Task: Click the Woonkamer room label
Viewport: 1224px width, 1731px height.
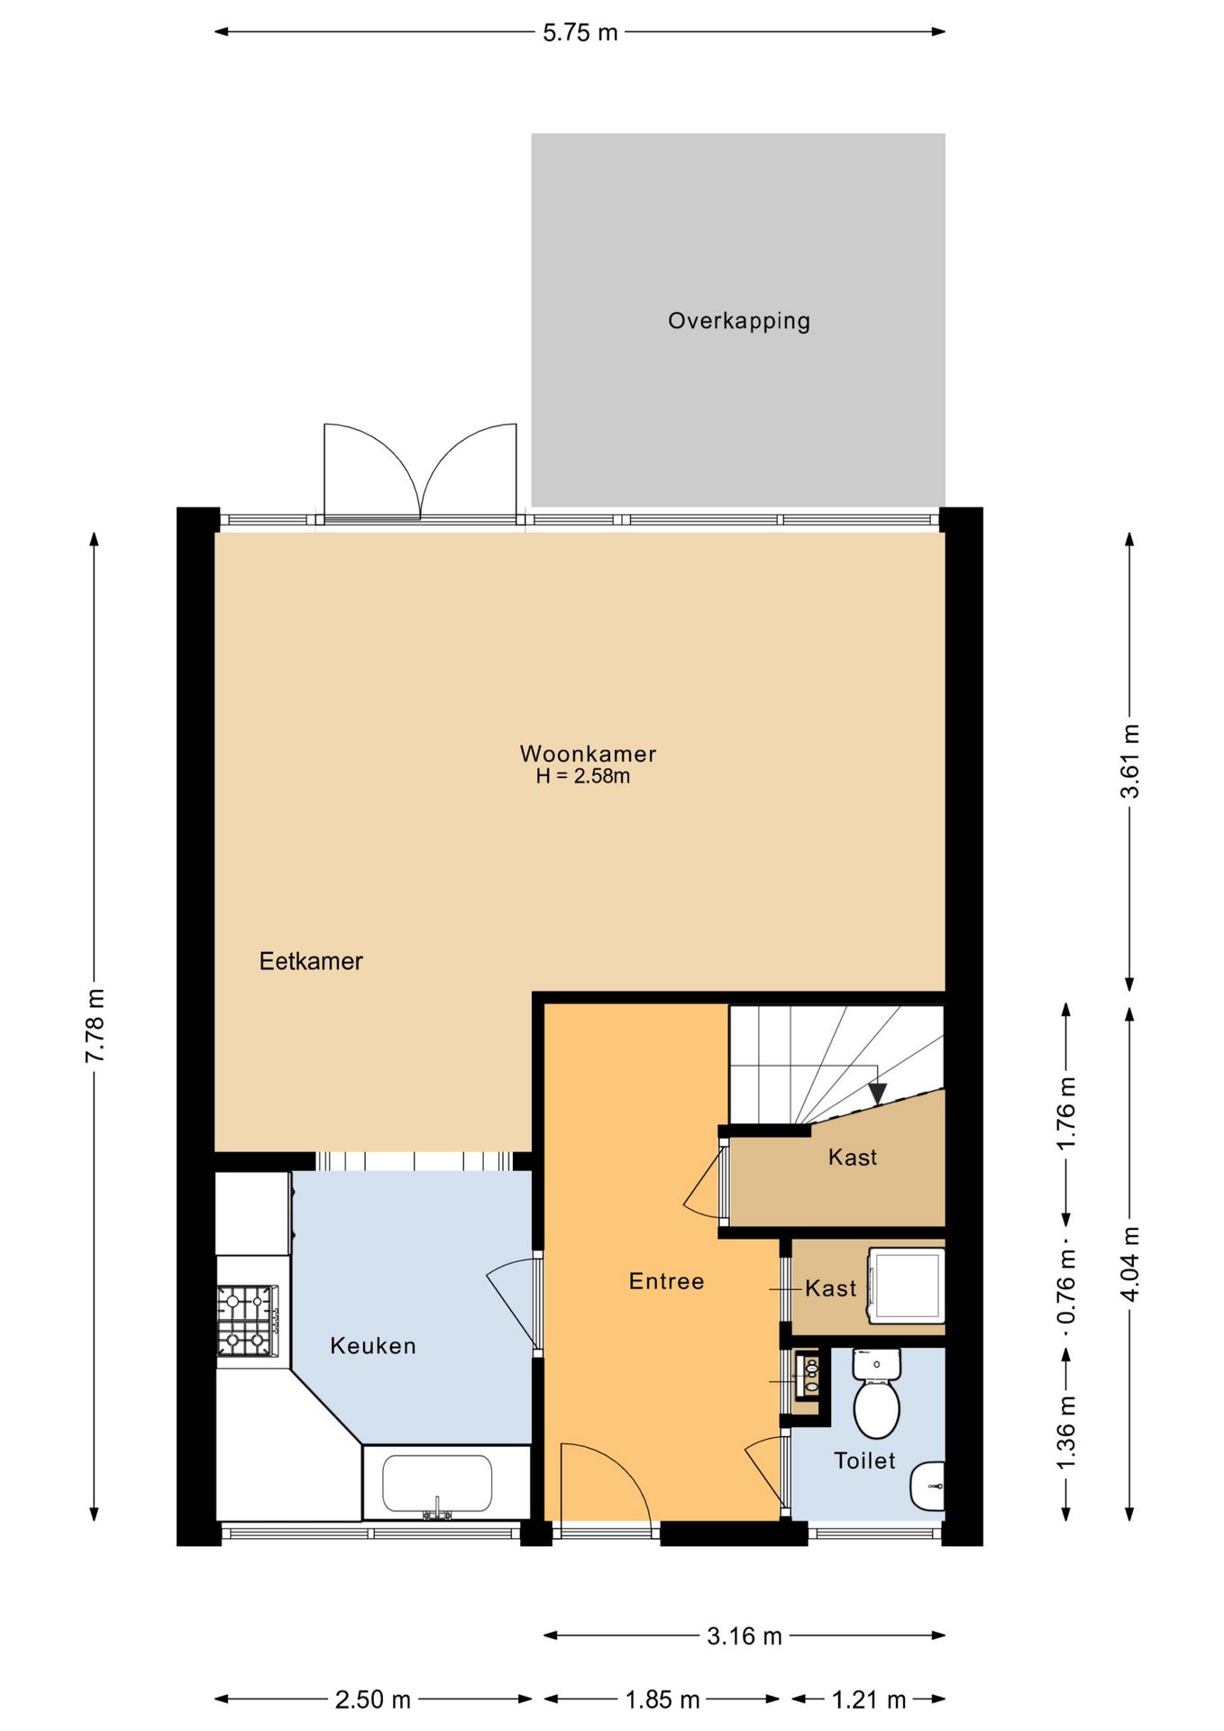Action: pyautogui.click(x=588, y=753)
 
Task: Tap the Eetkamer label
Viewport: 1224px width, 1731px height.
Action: pyautogui.click(x=311, y=961)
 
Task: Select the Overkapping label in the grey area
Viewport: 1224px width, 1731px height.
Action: pyautogui.click(x=739, y=322)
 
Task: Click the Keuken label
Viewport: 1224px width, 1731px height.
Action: pyautogui.click(x=373, y=1346)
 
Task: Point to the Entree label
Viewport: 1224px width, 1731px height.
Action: pyautogui.click(x=667, y=1281)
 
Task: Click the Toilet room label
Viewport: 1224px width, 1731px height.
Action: pyautogui.click(x=864, y=1461)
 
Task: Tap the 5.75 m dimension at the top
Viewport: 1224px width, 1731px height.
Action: pyautogui.click(x=580, y=32)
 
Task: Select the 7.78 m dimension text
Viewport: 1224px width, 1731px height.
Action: pyautogui.click(x=95, y=1025)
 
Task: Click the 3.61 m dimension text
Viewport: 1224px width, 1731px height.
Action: pyautogui.click(x=1129, y=761)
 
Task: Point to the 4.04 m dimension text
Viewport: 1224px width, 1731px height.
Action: pyautogui.click(x=1129, y=1263)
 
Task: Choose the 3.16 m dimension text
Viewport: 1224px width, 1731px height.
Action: pyautogui.click(x=744, y=1636)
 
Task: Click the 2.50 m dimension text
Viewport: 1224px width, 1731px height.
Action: pyautogui.click(x=373, y=1700)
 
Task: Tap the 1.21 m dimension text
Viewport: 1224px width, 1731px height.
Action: pyautogui.click(x=869, y=1700)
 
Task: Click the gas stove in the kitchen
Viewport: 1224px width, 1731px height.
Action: pyautogui.click(x=247, y=1321)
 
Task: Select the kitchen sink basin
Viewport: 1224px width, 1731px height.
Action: pyautogui.click(x=437, y=1484)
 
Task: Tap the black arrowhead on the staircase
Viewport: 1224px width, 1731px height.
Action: pyautogui.click(x=877, y=1094)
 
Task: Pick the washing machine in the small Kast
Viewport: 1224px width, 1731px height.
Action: pyautogui.click(x=906, y=1286)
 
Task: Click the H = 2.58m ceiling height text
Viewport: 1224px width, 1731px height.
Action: pyautogui.click(x=583, y=776)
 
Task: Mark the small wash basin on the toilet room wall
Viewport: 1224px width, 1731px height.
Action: pyautogui.click(x=928, y=1485)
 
